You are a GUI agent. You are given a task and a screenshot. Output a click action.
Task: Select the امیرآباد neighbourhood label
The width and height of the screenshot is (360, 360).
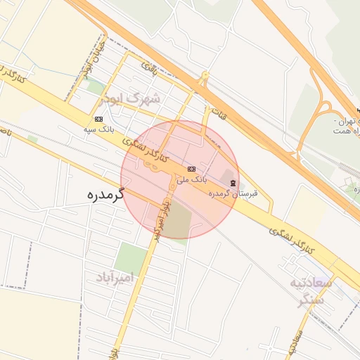click(124, 278)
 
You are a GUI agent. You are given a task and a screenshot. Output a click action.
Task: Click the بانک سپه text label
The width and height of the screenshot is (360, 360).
click(98, 130)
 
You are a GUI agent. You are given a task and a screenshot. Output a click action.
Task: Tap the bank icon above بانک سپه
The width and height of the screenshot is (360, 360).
click(98, 119)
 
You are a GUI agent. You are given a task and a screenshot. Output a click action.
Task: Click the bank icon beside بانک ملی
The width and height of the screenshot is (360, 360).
click(191, 169)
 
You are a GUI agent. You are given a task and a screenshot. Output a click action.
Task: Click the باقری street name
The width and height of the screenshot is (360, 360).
click(149, 68)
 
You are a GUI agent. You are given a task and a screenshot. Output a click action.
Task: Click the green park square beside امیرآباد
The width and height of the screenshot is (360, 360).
click(131, 257)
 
